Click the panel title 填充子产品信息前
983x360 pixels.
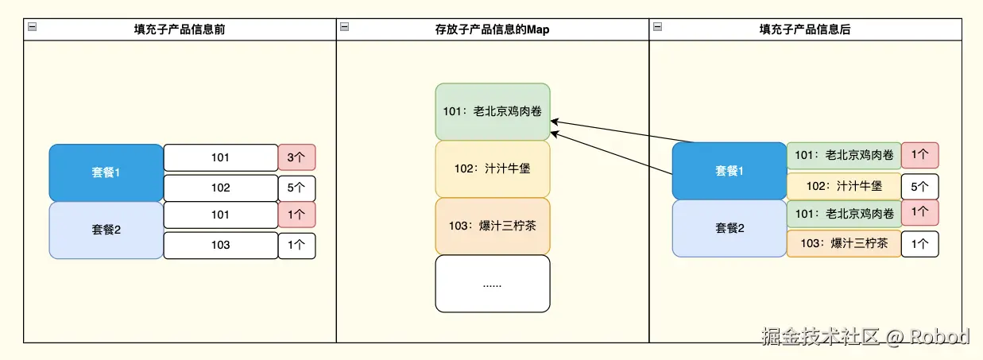[179, 29]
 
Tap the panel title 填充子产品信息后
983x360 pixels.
[805, 29]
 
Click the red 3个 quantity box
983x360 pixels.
[296, 157]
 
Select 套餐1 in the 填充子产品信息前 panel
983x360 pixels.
[106, 172]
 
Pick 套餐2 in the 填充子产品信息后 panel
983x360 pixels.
[729, 229]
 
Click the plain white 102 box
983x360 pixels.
[220, 188]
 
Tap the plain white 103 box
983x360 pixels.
[220, 245]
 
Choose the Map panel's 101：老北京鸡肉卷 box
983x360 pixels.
[493, 112]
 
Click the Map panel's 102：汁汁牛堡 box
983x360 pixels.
[493, 168]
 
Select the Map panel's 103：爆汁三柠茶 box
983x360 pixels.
[493, 226]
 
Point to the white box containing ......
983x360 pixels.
[493, 284]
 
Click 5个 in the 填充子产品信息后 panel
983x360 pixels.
[919, 186]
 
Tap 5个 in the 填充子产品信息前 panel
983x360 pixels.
[296, 188]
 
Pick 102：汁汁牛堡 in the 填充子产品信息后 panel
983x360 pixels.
[843, 186]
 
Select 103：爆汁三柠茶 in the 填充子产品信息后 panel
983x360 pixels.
[843, 243]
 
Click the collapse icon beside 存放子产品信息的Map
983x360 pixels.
[344, 26]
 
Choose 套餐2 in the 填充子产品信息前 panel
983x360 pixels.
[106, 230]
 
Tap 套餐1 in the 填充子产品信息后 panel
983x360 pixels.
[729, 171]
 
